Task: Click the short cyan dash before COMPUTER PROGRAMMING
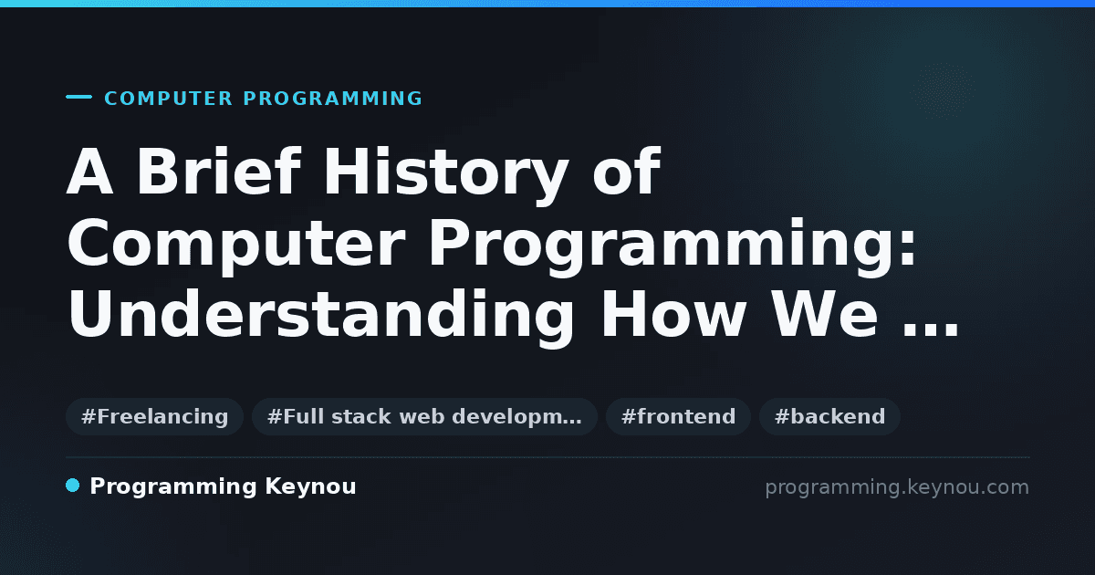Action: (78, 97)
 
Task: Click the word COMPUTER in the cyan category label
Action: (169, 99)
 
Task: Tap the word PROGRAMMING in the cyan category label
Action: (332, 99)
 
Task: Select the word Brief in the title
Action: (218, 172)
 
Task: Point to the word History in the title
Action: (446, 175)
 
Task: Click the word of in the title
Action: (627, 172)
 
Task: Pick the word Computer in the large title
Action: (236, 247)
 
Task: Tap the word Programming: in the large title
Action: (673, 247)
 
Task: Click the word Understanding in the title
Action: (321, 318)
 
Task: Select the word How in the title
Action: (673, 314)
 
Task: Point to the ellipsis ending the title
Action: (930, 331)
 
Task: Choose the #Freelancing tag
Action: (154, 416)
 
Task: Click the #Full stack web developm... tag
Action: (424, 416)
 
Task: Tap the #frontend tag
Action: (678, 416)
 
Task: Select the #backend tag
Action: (829, 416)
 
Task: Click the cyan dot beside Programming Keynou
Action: (72, 486)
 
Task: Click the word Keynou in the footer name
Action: (310, 487)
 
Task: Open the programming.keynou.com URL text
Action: (897, 487)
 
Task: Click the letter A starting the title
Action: (90, 172)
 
